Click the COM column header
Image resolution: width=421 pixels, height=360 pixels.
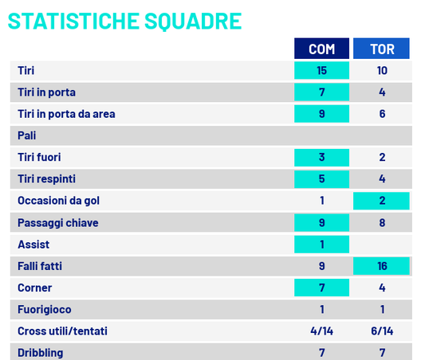click(321, 49)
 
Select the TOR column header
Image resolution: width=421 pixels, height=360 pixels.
click(382, 49)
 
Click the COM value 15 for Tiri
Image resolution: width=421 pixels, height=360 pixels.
click(321, 70)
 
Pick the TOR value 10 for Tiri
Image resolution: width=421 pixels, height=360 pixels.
click(382, 70)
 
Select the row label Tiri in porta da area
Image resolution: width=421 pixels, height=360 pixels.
click(66, 114)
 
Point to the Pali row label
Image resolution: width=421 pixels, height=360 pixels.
click(27, 135)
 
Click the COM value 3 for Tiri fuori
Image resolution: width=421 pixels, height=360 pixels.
click(321, 157)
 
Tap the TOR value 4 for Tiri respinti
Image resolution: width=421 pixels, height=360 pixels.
click(382, 179)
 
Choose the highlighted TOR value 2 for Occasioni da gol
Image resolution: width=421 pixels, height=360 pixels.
click(382, 201)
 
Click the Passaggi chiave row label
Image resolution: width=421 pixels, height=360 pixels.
click(57, 222)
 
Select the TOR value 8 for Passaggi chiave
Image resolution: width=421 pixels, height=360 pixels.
click(382, 222)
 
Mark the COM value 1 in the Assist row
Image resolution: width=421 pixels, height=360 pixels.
click(321, 245)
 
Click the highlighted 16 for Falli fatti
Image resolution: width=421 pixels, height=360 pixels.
click(382, 266)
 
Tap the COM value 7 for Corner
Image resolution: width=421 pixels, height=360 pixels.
click(321, 288)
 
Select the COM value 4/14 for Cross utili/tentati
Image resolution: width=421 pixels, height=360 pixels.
click(321, 331)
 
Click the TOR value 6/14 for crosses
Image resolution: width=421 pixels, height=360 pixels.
click(382, 331)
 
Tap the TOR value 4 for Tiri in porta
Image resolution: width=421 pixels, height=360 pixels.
click(382, 92)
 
